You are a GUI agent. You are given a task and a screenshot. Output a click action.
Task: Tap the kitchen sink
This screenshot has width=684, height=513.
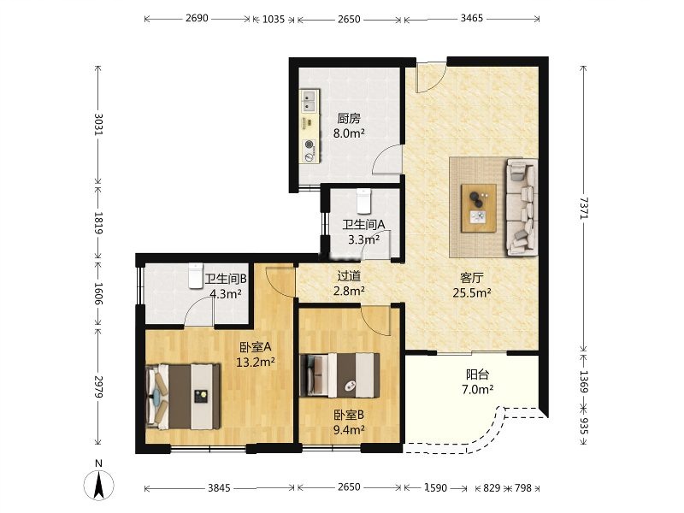(x=310, y=101)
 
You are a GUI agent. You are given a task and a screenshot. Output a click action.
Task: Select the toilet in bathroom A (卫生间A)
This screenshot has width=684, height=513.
(x=363, y=200)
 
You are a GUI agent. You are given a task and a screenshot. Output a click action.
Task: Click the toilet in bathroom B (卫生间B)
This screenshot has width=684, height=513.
(x=197, y=275)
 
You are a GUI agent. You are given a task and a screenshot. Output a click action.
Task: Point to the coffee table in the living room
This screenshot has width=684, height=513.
(x=479, y=208)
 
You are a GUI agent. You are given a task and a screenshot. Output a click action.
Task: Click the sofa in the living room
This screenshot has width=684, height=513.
(x=522, y=207)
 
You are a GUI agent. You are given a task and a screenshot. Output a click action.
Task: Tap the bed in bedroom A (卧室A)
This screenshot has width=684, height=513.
(x=183, y=396)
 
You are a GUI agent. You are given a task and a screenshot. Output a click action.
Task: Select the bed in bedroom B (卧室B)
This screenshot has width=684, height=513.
(x=339, y=375)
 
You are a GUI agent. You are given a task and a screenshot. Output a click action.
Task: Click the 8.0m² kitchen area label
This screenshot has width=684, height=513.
(x=349, y=133)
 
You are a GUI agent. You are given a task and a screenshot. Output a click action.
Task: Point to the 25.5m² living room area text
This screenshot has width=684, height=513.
(x=472, y=292)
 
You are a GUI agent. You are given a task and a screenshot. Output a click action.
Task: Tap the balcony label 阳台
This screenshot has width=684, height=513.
(x=478, y=374)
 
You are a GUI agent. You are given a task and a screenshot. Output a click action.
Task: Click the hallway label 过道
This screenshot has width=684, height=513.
(x=349, y=275)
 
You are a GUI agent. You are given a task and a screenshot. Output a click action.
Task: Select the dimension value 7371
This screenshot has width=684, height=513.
(x=584, y=209)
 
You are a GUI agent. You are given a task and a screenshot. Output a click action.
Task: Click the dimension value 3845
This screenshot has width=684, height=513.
(x=219, y=487)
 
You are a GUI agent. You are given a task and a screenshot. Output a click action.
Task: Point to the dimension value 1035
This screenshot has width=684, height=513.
(x=274, y=19)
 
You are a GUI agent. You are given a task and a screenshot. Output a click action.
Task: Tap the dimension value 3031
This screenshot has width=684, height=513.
(x=98, y=124)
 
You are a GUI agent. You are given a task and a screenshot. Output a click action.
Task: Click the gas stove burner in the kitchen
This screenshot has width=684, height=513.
(x=310, y=144)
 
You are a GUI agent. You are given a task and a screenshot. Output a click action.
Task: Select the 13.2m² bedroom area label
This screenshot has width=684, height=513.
(x=255, y=362)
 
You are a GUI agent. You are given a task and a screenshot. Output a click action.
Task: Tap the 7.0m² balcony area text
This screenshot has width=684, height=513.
(x=478, y=389)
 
